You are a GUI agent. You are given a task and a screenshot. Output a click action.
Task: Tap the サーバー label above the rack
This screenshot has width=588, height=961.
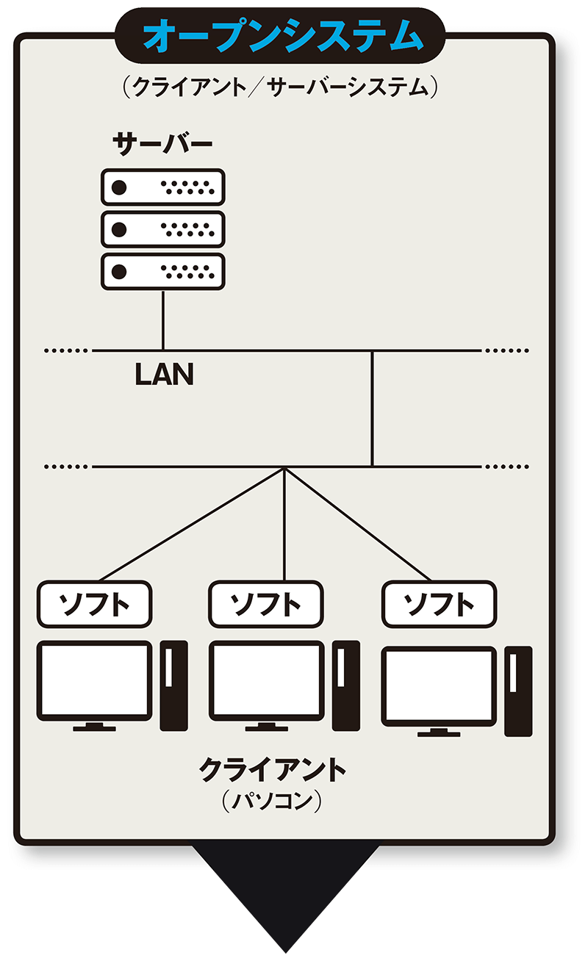(162, 144)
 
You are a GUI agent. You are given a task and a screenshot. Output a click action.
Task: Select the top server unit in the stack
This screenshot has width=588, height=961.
(162, 187)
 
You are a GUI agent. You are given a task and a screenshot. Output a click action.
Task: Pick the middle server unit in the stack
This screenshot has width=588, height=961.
(162, 229)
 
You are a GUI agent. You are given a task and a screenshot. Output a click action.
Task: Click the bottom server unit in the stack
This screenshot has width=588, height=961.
(162, 271)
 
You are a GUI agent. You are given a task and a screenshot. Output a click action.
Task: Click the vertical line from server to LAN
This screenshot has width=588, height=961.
(162, 320)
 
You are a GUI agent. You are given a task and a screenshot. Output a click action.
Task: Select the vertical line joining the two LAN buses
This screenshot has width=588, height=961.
(372, 408)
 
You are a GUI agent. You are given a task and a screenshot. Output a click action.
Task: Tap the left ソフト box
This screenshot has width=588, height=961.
(94, 604)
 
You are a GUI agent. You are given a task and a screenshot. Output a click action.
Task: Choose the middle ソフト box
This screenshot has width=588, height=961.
(265, 604)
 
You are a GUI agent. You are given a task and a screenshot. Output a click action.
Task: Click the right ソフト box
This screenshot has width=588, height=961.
(439, 604)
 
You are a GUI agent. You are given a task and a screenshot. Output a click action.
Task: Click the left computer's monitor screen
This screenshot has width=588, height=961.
(94, 680)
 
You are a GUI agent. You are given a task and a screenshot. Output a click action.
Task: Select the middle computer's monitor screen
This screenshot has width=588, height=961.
(266, 680)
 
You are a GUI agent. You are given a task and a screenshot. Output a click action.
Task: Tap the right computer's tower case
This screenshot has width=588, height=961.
(517, 691)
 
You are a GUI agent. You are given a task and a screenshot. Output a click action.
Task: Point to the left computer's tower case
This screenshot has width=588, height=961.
(173, 685)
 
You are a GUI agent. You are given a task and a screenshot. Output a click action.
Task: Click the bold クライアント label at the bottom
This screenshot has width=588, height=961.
(272, 770)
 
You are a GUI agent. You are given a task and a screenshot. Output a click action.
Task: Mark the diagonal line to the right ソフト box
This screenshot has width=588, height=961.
(358, 523)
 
